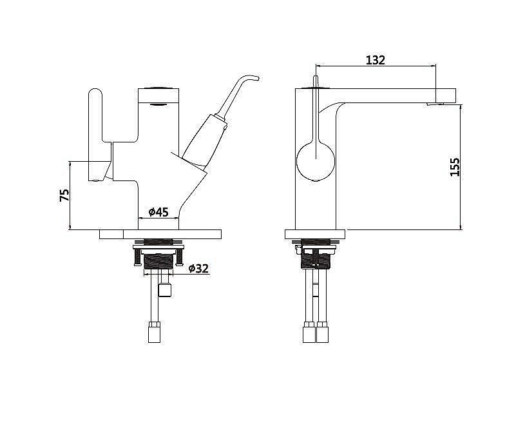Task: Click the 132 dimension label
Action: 375,60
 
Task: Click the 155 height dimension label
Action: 455,167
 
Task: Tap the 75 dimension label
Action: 64,195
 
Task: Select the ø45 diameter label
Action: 158,212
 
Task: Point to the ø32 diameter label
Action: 199,268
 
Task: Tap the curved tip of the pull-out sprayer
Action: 249,79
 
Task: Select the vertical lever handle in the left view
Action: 96,134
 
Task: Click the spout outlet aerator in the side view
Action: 435,104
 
